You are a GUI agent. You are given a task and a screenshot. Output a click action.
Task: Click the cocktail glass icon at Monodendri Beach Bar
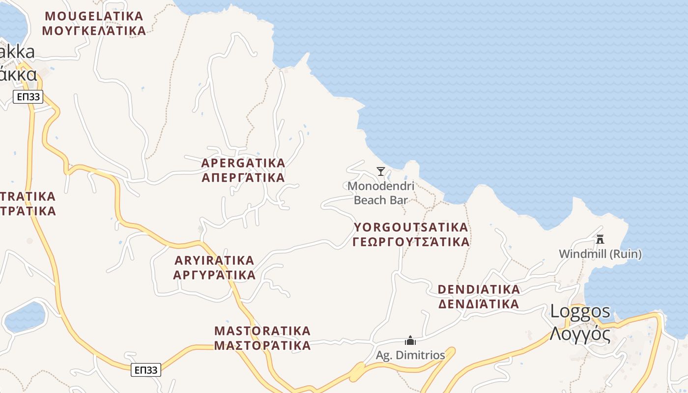click(381, 171)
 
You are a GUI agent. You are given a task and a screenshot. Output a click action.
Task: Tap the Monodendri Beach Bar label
click(381, 193)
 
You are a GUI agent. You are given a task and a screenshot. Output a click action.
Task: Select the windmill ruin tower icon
click(600, 239)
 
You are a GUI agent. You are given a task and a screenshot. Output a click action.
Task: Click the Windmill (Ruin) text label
click(600, 254)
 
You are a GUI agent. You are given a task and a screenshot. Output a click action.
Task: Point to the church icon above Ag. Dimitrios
click(410, 340)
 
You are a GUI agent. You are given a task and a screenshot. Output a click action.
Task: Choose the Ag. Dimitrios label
click(410, 355)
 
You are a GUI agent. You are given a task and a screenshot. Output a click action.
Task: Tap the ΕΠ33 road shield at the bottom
click(146, 370)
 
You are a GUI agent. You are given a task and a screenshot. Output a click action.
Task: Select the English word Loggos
click(580, 311)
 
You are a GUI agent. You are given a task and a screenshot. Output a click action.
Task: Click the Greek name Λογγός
click(580, 334)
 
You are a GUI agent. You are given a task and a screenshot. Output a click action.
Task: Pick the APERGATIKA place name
click(243, 163)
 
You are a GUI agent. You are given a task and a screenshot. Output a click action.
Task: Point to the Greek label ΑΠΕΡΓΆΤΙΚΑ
click(243, 177)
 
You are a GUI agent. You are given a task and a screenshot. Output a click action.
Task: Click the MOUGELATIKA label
click(94, 16)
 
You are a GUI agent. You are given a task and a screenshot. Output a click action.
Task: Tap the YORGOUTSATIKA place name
click(411, 227)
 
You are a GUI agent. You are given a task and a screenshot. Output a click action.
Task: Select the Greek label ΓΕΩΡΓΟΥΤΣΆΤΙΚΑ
click(411, 242)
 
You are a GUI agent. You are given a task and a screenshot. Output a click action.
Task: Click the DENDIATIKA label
click(479, 289)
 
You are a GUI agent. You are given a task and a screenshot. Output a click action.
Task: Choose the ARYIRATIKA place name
click(214, 260)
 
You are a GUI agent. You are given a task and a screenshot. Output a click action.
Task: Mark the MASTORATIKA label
click(262, 330)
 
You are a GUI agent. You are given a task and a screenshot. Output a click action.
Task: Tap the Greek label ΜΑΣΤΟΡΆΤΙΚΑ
click(262, 345)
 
